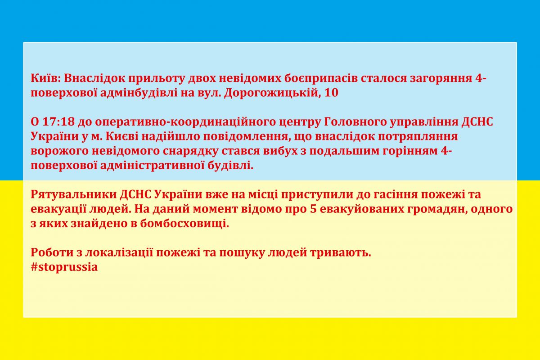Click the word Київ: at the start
[45, 78]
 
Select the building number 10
[332, 93]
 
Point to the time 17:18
[58, 122]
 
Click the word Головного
[355, 122]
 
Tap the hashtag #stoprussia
[64, 267]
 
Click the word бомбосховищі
[184, 224]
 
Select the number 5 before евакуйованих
[313, 209]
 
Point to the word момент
[215, 209]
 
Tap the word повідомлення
[245, 137]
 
